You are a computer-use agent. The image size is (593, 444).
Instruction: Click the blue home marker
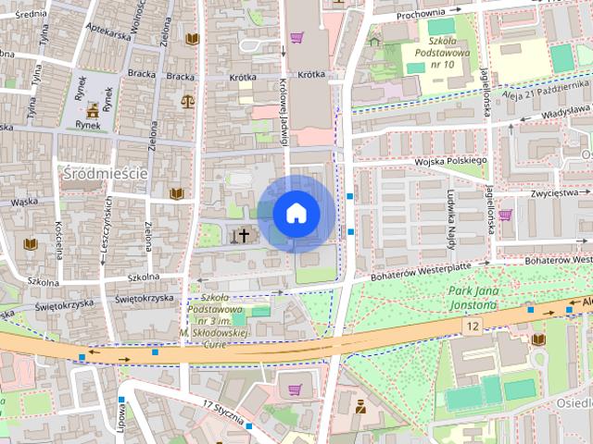(296, 214)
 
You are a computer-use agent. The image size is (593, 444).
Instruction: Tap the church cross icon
(245, 235)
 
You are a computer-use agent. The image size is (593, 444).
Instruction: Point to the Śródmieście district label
(104, 172)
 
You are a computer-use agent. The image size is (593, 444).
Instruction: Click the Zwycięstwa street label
(553, 194)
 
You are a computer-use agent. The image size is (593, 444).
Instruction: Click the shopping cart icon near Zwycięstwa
(505, 216)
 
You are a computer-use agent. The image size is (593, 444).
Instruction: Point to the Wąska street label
(24, 201)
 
